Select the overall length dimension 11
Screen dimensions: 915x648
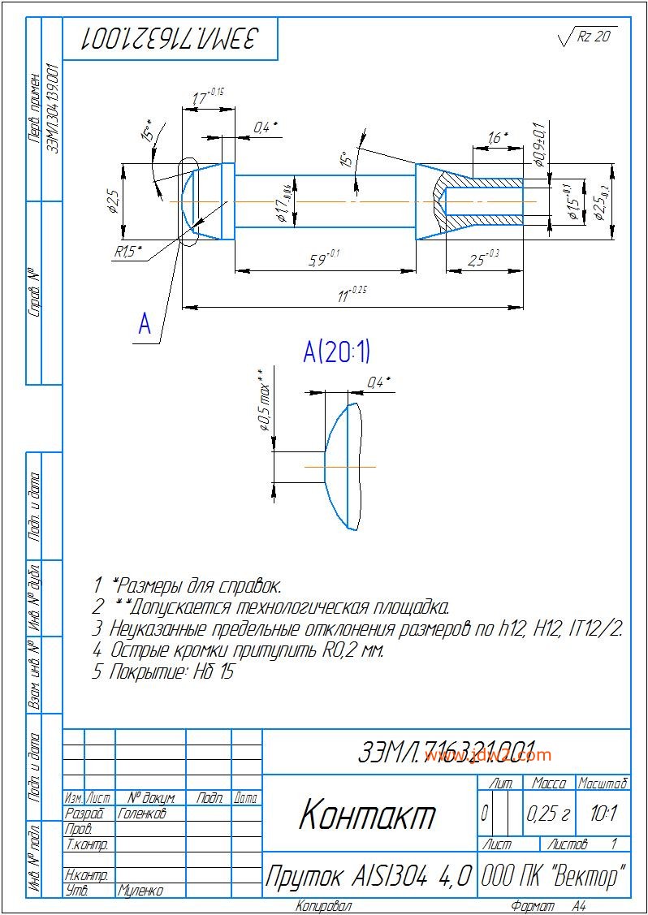(348, 296)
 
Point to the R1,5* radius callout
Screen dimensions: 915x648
(127, 252)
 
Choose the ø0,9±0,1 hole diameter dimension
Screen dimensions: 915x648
(538, 145)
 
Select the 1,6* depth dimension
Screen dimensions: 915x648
(498, 138)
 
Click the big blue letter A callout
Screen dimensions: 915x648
(145, 325)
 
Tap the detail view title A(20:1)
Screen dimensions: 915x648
(336, 352)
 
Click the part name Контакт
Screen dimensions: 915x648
(367, 815)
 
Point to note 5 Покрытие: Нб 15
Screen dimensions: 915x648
(162, 672)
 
